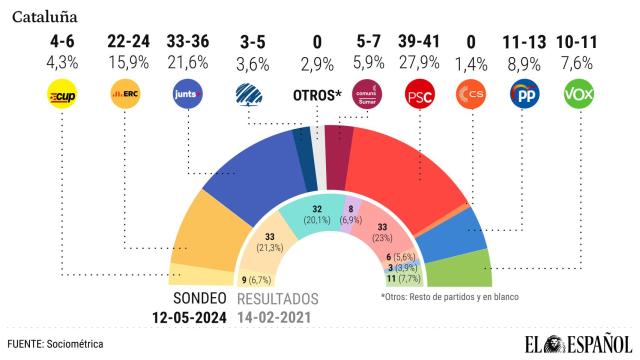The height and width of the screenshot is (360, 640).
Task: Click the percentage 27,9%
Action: pos(418,63)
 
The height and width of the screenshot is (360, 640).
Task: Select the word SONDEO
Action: pos(199,299)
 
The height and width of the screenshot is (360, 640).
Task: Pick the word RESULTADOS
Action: pos(278,299)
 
